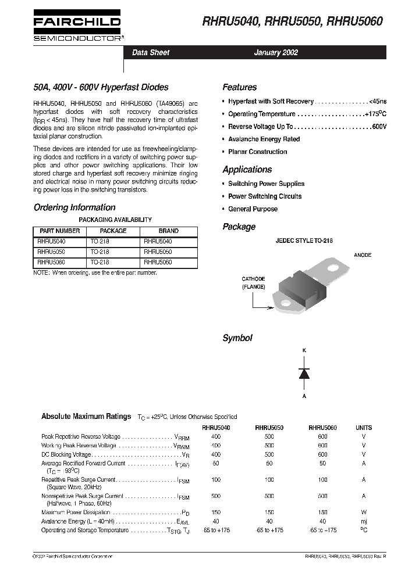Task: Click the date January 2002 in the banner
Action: click(x=276, y=52)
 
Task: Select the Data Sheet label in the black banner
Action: click(x=151, y=52)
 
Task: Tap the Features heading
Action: click(x=239, y=87)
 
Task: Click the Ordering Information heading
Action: click(x=74, y=207)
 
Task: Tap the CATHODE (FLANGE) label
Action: click(x=254, y=283)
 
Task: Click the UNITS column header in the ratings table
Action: click(x=364, y=428)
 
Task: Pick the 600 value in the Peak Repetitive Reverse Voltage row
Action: click(x=322, y=436)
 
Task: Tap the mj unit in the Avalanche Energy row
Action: click(x=364, y=522)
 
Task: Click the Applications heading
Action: click(x=247, y=170)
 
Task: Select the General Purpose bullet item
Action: click(x=253, y=209)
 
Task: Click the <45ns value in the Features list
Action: click(x=378, y=101)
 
